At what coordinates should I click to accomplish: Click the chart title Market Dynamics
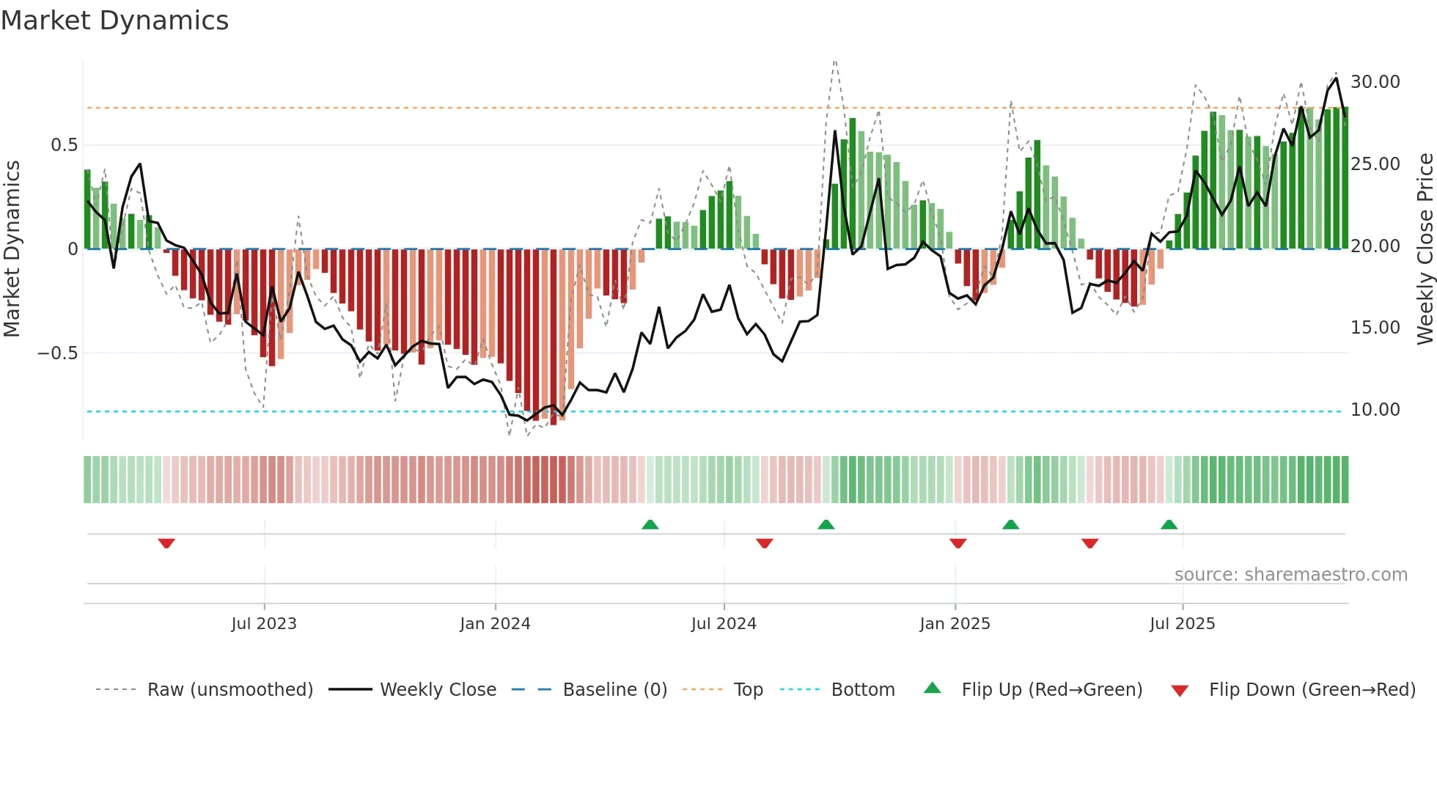pyautogui.click(x=114, y=21)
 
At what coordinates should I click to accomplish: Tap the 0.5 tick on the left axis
pyautogui.click(x=65, y=145)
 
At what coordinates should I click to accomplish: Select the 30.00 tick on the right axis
pyautogui.click(x=1375, y=82)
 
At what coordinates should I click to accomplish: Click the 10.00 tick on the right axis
pyautogui.click(x=1375, y=410)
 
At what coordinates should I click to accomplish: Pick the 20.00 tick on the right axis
pyautogui.click(x=1375, y=246)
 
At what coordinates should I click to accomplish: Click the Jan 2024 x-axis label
pyautogui.click(x=495, y=624)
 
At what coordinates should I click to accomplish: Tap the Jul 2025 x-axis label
pyautogui.click(x=1182, y=624)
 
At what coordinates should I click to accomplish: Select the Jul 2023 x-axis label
pyautogui.click(x=264, y=624)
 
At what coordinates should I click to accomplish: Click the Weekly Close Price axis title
pyautogui.click(x=1425, y=249)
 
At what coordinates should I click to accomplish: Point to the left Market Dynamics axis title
pyautogui.click(x=12, y=249)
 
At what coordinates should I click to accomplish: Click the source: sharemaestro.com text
pyautogui.click(x=1290, y=575)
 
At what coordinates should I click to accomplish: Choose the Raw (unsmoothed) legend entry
pyautogui.click(x=229, y=690)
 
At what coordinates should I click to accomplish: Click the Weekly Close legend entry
pyautogui.click(x=438, y=690)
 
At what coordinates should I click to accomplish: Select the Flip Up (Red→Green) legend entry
pyautogui.click(x=1051, y=690)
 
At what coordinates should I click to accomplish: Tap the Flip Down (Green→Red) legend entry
pyautogui.click(x=1312, y=690)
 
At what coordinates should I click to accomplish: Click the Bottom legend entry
pyautogui.click(x=862, y=690)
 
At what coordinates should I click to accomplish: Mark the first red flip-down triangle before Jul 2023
pyautogui.click(x=166, y=543)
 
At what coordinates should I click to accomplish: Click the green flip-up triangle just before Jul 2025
pyautogui.click(x=1169, y=524)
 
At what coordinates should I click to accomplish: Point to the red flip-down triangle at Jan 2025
pyautogui.click(x=958, y=543)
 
